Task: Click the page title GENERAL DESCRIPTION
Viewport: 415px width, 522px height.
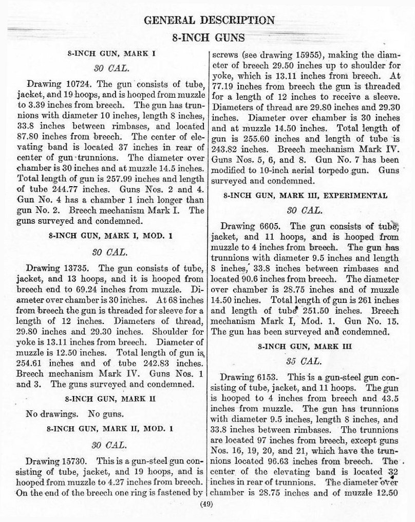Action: click(209, 21)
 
